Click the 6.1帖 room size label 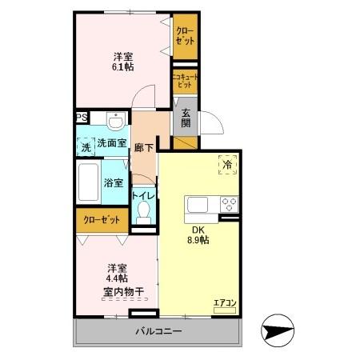point(122,67)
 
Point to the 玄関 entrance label point(186,117)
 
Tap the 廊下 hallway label point(145,146)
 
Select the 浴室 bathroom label point(113,182)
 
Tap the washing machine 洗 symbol point(85,146)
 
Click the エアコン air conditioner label point(224,302)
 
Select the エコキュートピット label point(185,80)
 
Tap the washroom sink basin point(117,122)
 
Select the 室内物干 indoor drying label point(122,292)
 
